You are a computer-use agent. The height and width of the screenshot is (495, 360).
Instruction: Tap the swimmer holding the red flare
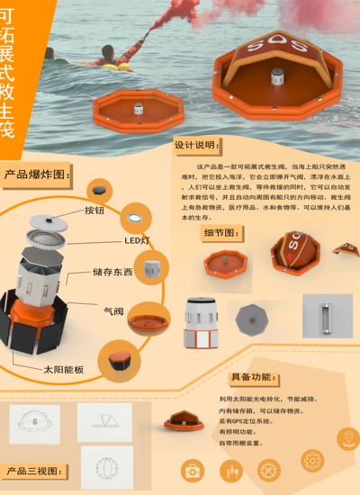(112, 58)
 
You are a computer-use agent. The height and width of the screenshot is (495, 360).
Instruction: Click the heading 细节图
(221, 232)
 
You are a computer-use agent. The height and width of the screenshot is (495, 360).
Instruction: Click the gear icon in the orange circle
(312, 460)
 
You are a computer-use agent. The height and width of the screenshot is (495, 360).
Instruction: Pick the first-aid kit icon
(193, 470)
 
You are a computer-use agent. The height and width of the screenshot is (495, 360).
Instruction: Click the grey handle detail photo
(327, 318)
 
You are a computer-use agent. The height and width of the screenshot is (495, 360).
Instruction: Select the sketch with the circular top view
(106, 465)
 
